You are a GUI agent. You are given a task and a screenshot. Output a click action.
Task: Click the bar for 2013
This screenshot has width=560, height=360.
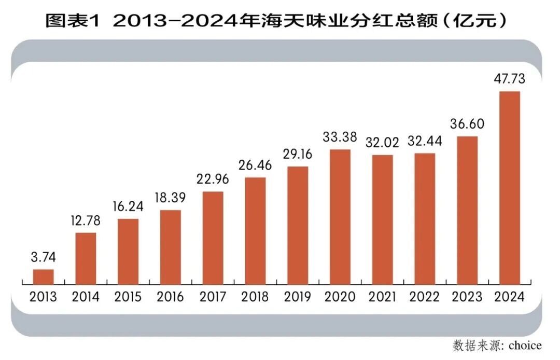pyautogui.click(x=44, y=277)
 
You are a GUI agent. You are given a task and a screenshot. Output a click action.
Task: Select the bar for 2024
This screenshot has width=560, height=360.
pyautogui.click(x=509, y=188)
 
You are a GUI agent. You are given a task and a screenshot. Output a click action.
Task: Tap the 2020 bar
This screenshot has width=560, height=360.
pyautogui.click(x=340, y=217)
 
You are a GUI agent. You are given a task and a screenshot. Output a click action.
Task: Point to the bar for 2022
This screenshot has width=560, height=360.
pyautogui.click(x=425, y=219)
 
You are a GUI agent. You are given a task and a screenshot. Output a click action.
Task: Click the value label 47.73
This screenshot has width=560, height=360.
pyautogui.click(x=509, y=79)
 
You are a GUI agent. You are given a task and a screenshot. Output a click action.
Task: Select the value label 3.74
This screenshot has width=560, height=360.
pyautogui.click(x=44, y=257)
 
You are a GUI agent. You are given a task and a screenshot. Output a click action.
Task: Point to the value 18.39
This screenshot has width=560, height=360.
pyautogui.click(x=170, y=198)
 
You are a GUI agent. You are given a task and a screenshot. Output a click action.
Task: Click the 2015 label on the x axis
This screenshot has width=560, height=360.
pyautogui.click(x=128, y=297)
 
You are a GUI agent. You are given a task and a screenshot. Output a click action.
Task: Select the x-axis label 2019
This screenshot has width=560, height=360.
pyautogui.click(x=297, y=297)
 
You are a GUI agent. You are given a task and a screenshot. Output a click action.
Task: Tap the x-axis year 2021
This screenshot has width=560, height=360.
pyautogui.click(x=382, y=297)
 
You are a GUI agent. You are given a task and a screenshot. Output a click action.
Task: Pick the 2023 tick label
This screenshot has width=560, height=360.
pyautogui.click(x=467, y=297)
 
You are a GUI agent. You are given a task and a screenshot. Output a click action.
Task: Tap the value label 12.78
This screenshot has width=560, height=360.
pyautogui.click(x=86, y=220)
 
